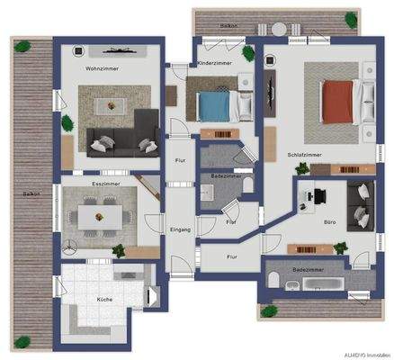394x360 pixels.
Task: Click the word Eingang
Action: [181, 230]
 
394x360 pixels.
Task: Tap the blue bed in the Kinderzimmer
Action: [216, 105]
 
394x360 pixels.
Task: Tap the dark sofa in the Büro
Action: [361, 205]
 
